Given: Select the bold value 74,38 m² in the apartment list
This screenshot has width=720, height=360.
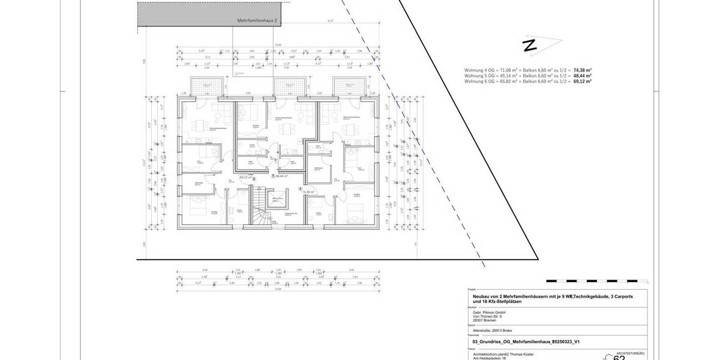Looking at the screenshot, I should click(583, 70).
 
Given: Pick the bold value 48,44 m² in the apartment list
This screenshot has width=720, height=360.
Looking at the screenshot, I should click(583, 76).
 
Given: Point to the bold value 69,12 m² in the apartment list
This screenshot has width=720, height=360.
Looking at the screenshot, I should click(583, 81).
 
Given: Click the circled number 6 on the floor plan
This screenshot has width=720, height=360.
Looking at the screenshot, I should click(254, 178).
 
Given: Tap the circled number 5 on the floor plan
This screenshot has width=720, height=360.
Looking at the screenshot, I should click(273, 176).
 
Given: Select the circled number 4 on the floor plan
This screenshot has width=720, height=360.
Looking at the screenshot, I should click(300, 188).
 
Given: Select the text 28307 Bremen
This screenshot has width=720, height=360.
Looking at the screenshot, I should click(476, 320).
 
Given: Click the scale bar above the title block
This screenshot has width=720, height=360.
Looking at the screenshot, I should click(594, 281).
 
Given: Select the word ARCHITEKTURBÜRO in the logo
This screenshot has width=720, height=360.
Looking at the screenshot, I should click(632, 354).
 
